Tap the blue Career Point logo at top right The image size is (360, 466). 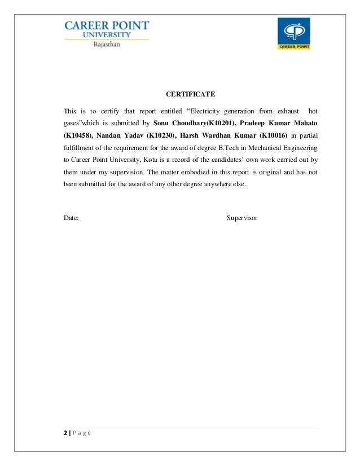coord(293,33)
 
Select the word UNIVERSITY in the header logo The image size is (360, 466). coord(107,34)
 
